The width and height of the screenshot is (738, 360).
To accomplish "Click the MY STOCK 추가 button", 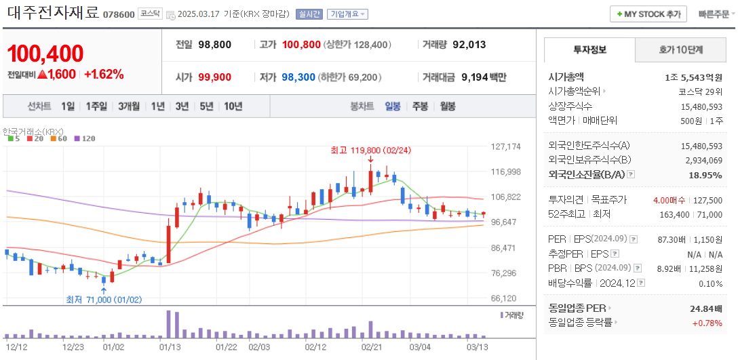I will click(x=648, y=14).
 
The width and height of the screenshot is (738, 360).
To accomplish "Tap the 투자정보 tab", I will click(x=590, y=49).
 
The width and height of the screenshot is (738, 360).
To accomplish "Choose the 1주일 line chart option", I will click(x=96, y=106).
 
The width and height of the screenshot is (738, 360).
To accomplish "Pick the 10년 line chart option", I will click(x=233, y=106).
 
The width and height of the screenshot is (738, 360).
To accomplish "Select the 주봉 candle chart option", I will click(x=420, y=106).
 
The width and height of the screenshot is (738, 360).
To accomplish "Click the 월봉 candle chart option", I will click(x=447, y=106).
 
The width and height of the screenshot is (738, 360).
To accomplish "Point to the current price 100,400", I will click(x=45, y=54).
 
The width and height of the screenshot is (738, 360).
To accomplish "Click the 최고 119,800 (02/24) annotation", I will click(x=371, y=150).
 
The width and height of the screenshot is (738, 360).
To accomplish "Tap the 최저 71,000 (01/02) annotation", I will click(x=104, y=299).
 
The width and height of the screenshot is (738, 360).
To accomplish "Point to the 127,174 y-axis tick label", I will click(x=505, y=146).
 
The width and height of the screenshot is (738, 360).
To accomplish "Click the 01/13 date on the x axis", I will click(x=170, y=346).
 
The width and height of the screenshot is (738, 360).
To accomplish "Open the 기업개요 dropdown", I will click(x=347, y=14).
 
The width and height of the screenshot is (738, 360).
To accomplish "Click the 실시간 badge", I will click(x=309, y=14).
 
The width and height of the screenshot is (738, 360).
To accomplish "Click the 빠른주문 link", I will click(x=713, y=14).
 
